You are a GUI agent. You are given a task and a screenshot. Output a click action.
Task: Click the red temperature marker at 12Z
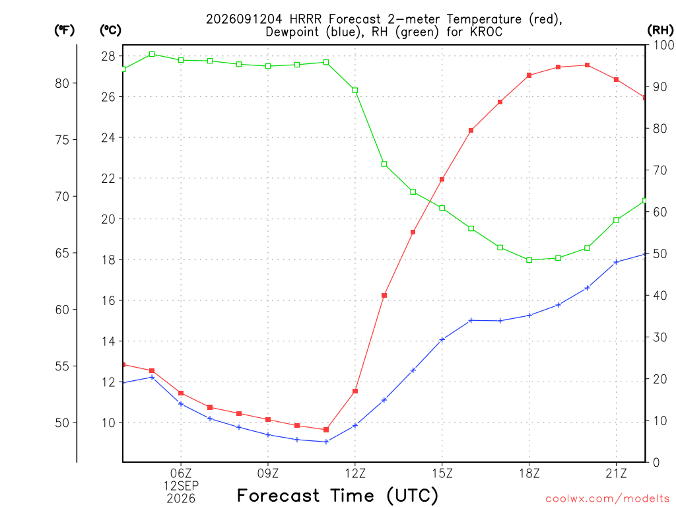click(x=355, y=391)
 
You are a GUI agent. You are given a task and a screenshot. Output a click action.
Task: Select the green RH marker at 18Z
click(x=529, y=260)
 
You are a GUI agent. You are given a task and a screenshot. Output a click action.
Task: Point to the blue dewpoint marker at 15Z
click(x=442, y=340)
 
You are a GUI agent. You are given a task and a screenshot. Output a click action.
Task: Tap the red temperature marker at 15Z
click(x=442, y=180)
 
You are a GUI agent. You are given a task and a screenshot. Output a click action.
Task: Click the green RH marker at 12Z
click(x=355, y=90)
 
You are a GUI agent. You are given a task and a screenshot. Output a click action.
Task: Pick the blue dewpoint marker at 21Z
click(x=616, y=262)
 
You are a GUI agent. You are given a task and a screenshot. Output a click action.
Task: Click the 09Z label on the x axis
click(x=268, y=473)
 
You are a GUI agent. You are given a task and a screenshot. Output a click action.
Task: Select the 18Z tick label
click(x=529, y=473)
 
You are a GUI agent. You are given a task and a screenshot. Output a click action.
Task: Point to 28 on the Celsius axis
click(x=108, y=57)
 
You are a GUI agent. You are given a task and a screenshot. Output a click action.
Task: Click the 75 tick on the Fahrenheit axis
click(x=62, y=140)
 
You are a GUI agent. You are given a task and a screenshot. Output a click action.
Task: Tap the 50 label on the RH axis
click(x=659, y=253)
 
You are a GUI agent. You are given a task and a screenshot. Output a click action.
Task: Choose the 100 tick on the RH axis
click(x=663, y=45)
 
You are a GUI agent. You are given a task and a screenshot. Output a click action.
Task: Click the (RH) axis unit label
click(x=660, y=30)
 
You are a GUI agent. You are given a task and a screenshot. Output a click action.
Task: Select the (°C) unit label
click(x=110, y=30)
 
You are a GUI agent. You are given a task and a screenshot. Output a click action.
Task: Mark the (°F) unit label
click(x=64, y=30)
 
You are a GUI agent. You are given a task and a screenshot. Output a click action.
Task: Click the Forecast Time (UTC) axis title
click(x=337, y=495)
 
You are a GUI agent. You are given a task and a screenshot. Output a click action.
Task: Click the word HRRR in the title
click(x=306, y=19)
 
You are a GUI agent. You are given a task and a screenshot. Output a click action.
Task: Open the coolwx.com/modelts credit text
click(x=607, y=499)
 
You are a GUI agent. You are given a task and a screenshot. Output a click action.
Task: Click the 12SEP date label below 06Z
click(x=181, y=486)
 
